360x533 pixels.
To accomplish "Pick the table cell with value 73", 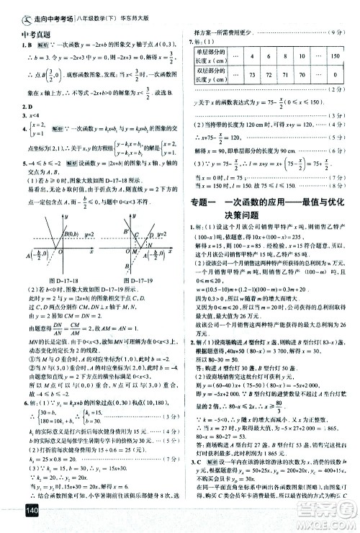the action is [253, 74].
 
